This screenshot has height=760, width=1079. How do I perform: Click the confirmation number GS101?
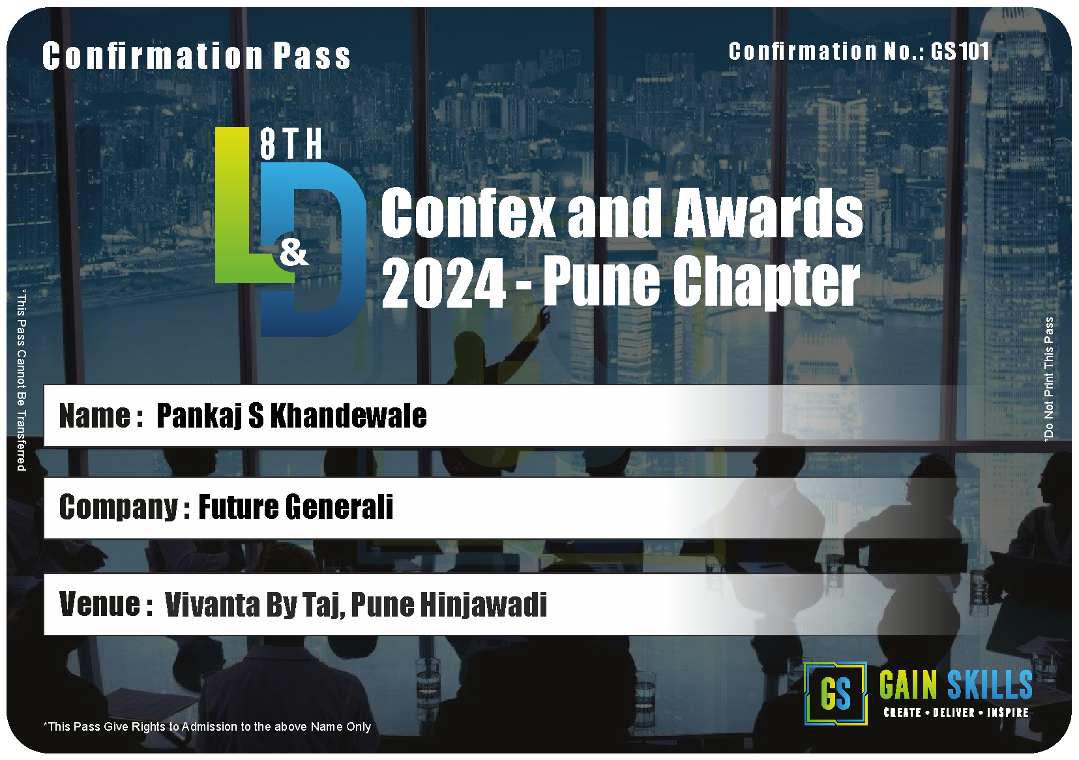pyautogui.click(x=960, y=51)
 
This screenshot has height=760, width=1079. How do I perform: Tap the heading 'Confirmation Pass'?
pyautogui.click(x=196, y=56)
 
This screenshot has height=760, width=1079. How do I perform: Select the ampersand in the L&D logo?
pyautogui.click(x=294, y=254)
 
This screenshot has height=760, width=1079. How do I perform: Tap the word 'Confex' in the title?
pyautogui.click(x=468, y=212)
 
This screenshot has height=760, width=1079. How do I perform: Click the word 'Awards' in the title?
pyautogui.click(x=768, y=212)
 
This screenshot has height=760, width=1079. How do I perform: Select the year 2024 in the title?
pyautogui.click(x=443, y=282)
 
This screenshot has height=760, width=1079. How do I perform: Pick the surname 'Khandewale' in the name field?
pyautogui.click(x=348, y=416)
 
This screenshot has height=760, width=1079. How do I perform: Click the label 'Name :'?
pyautogui.click(x=101, y=416)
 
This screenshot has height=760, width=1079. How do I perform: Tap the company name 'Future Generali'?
pyautogui.click(x=296, y=507)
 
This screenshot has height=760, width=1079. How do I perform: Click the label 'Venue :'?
pyautogui.click(x=106, y=604)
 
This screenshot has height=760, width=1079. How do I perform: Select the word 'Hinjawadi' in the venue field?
pyautogui.click(x=484, y=605)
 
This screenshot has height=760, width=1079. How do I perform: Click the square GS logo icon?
pyautogui.click(x=835, y=694)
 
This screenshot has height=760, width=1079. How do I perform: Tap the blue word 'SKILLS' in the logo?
pyautogui.click(x=990, y=685)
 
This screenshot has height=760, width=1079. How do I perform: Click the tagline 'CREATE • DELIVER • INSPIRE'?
pyautogui.click(x=956, y=713)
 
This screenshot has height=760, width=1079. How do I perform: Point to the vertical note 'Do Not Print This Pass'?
pyautogui.click(x=1048, y=379)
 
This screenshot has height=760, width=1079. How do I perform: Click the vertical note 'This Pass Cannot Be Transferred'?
pyautogui.click(x=22, y=380)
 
